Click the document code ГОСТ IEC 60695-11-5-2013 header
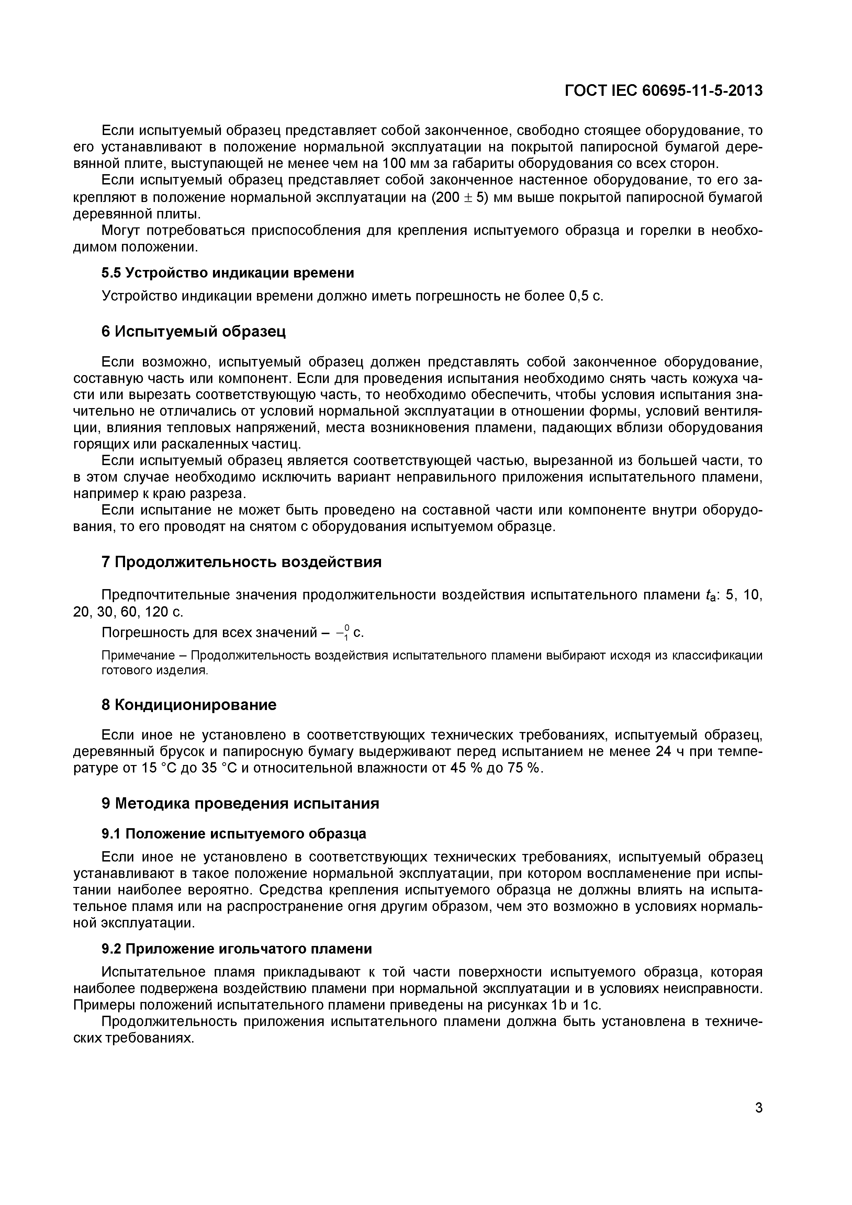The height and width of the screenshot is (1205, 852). point(663,91)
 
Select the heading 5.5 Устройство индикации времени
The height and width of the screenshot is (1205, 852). point(227,273)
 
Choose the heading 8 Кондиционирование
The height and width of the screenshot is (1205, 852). point(189,705)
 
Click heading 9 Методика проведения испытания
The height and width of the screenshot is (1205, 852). point(240,803)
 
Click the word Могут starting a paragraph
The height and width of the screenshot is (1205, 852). point(120,231)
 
